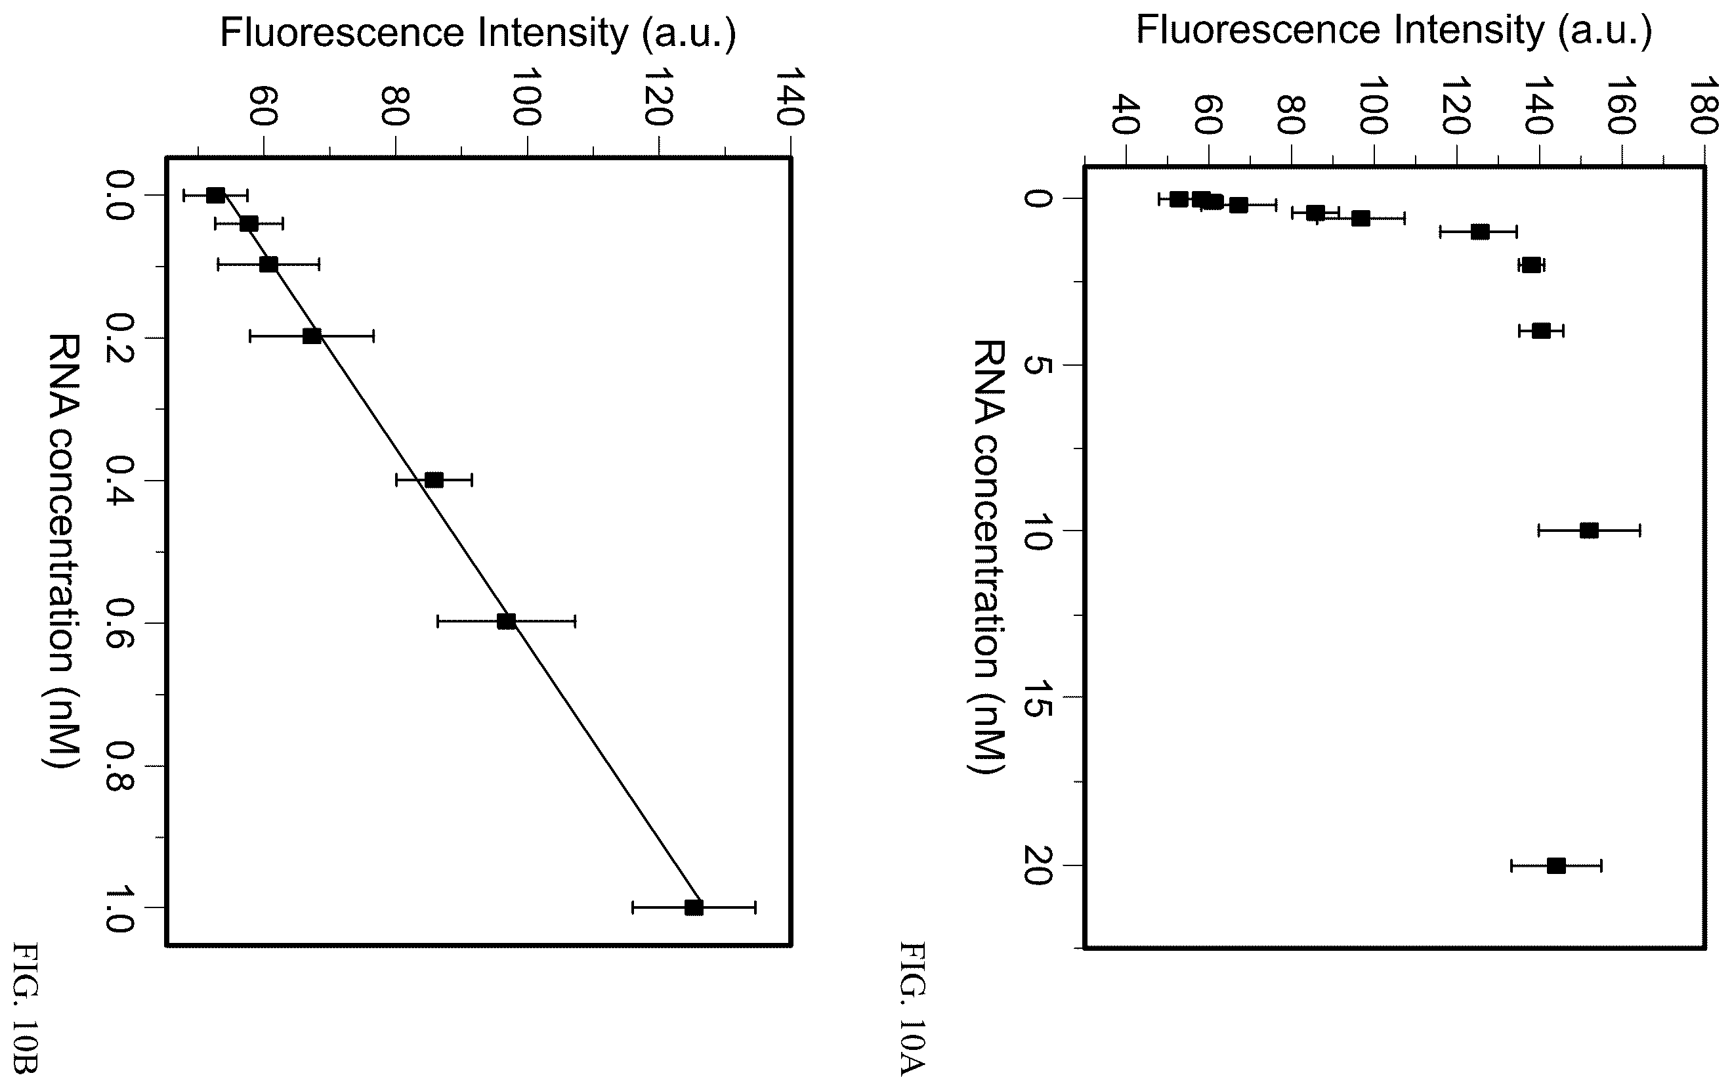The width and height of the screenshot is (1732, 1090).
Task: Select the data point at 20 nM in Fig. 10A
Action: click(x=1555, y=865)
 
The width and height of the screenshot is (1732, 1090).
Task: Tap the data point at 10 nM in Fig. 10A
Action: click(x=1589, y=531)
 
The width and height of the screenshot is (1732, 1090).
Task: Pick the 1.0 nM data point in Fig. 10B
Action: click(x=693, y=907)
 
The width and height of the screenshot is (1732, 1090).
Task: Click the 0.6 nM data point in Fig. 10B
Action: click(x=507, y=622)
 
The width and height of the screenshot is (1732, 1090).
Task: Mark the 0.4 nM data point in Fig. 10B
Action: click(x=434, y=480)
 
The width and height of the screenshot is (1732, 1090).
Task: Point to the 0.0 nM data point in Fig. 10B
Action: click(x=215, y=195)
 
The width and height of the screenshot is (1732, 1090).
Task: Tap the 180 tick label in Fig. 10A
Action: click(x=1702, y=107)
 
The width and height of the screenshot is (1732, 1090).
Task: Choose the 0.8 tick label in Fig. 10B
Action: click(x=118, y=766)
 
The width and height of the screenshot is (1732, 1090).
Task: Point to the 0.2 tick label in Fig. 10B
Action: click(x=118, y=338)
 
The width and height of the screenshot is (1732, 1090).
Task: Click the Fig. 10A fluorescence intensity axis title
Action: click(x=1394, y=30)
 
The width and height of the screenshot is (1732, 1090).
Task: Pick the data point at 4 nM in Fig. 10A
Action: click(x=1540, y=331)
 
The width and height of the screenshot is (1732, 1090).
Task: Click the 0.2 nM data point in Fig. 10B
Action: click(x=312, y=336)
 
